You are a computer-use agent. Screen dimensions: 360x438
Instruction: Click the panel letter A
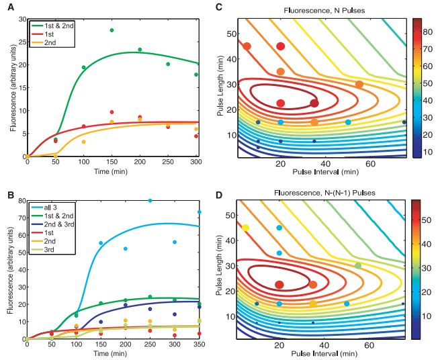4,5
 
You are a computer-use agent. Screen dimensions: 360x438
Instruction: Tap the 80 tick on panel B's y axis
19,200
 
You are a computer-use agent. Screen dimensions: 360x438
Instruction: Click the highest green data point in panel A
112,30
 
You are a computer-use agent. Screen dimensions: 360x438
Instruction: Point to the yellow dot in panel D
246,228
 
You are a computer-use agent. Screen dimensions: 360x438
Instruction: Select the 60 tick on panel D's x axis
369,345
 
